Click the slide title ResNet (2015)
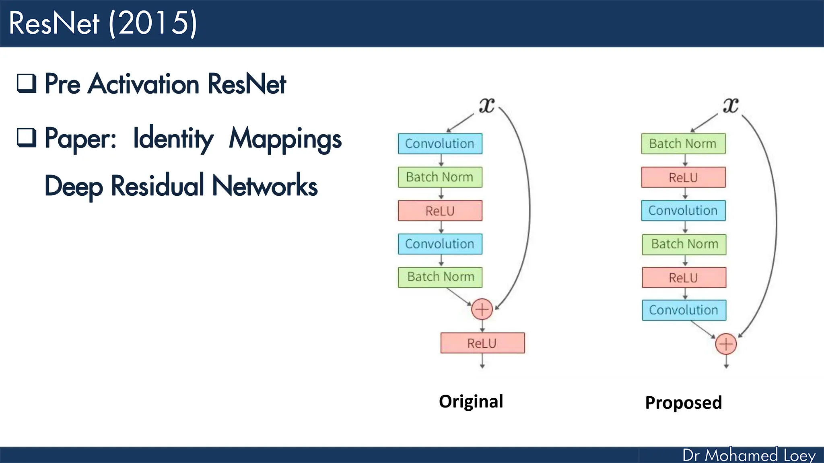[103, 23]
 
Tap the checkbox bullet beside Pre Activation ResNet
[27, 83]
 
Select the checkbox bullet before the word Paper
[27, 137]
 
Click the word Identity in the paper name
[173, 139]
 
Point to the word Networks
[264, 186]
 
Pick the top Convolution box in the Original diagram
[440, 144]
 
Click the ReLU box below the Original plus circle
[482, 343]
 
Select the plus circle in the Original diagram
[482, 309]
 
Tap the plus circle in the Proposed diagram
[726, 344]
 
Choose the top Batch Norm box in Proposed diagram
[683, 144]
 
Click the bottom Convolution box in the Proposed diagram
[684, 310]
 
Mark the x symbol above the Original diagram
[486, 105]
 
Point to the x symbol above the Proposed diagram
[731, 105]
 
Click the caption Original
[471, 402]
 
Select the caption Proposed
[683, 403]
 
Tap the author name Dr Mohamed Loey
[748, 455]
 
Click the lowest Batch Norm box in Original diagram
[441, 277]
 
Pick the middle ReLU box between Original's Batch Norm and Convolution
[440, 211]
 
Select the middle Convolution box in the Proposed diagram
[683, 211]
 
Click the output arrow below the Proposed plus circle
[726, 362]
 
